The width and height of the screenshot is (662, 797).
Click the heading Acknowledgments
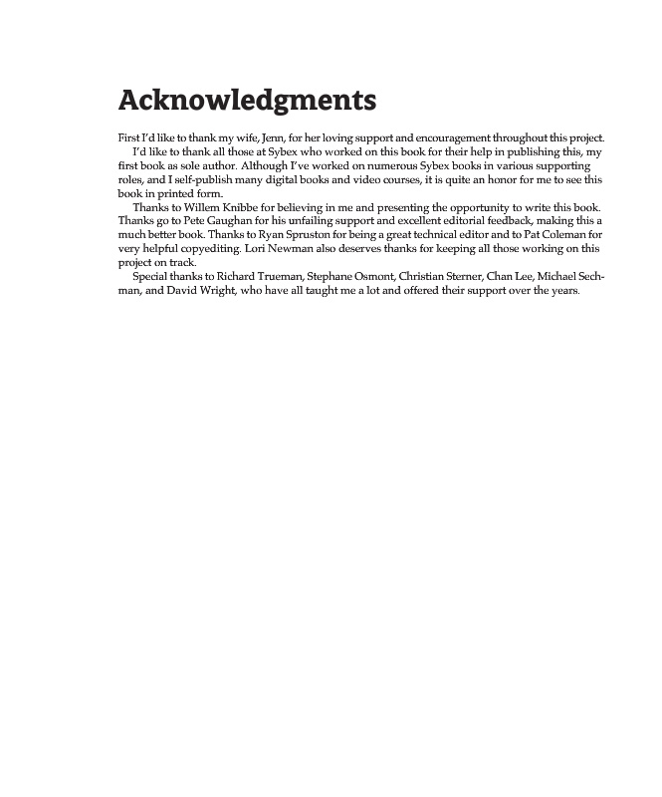(247, 102)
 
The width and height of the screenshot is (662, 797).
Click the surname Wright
(210, 290)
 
